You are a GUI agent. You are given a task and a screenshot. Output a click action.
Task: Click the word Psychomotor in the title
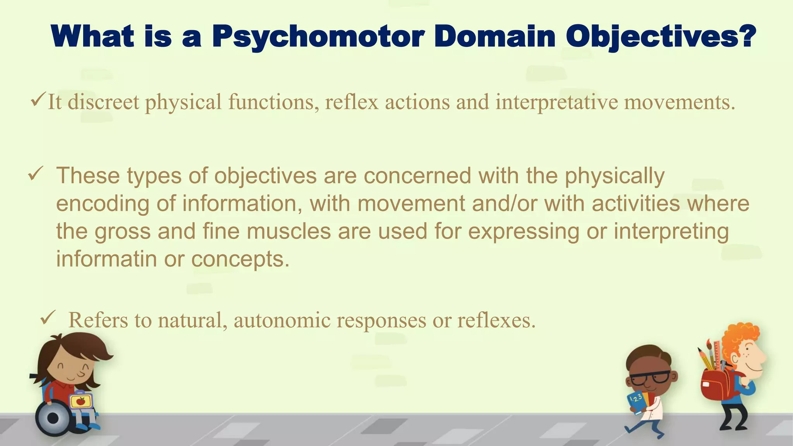coord(318,37)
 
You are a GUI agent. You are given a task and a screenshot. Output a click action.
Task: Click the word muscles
coord(289,231)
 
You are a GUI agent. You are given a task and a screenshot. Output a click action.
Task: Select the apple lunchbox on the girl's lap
coord(81,401)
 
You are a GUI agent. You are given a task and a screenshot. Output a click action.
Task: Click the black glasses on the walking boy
coord(650,377)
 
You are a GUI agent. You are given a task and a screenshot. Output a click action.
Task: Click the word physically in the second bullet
coord(614,176)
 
